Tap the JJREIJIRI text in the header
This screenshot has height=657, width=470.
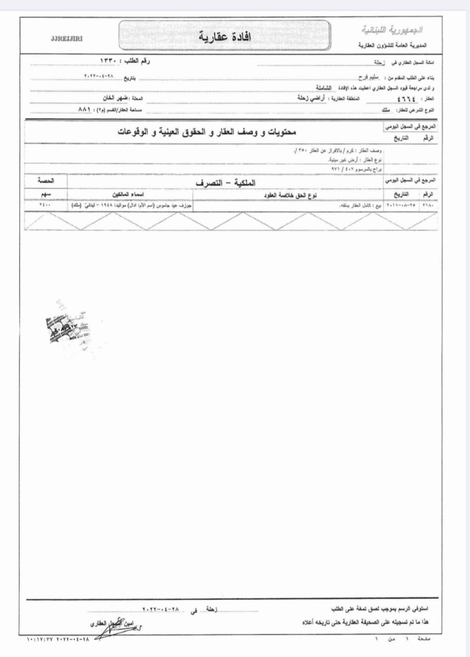click(x=67, y=38)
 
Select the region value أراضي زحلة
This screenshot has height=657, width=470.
click(x=314, y=98)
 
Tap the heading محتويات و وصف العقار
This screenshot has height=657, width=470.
click(x=204, y=132)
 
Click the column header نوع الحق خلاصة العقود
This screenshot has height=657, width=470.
click(x=291, y=196)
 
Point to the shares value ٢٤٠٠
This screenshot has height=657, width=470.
click(x=45, y=205)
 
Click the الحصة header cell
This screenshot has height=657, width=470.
click(x=45, y=181)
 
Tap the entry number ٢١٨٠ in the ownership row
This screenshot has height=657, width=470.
click(x=427, y=205)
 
